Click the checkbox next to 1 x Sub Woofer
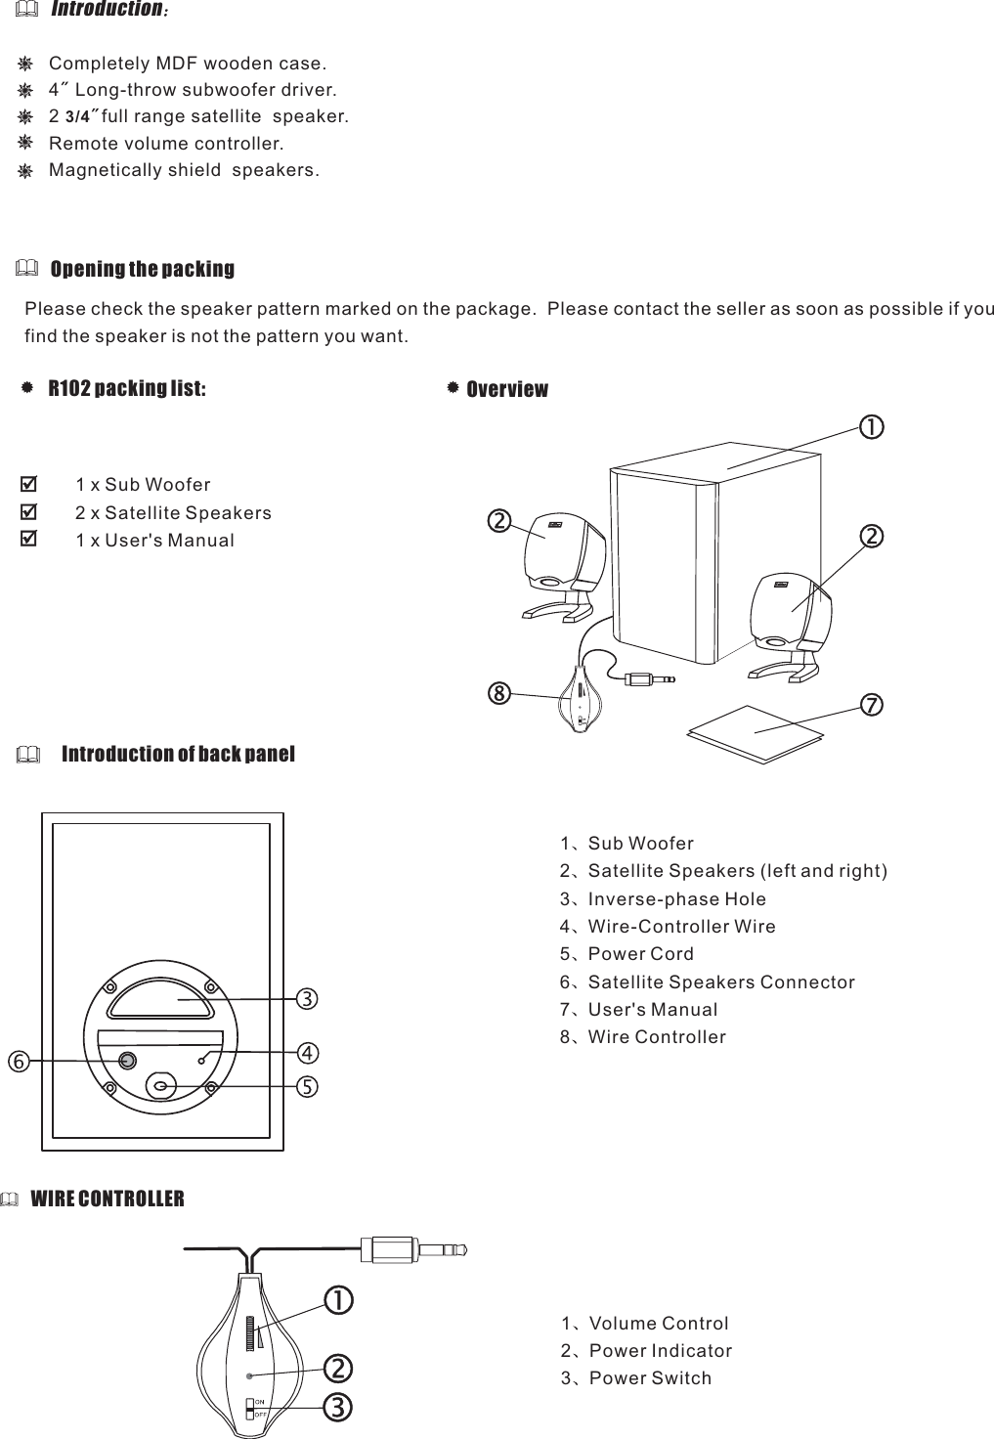pos(29,484)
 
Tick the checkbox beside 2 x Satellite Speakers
pos(29,511)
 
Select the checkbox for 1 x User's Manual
pos(29,539)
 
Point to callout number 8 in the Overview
pos(499,694)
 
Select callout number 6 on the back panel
pos(17,1060)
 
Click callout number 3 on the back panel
pos(307,999)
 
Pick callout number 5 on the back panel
pos(307,1086)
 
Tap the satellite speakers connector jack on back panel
pos(127,1062)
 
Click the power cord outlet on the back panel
pos(162,1084)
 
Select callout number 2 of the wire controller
pos(337,1366)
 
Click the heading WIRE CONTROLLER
pos(108,1199)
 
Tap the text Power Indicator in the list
pos(661,1351)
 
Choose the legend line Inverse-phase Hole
pos(676,899)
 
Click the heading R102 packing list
pos(127,388)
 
